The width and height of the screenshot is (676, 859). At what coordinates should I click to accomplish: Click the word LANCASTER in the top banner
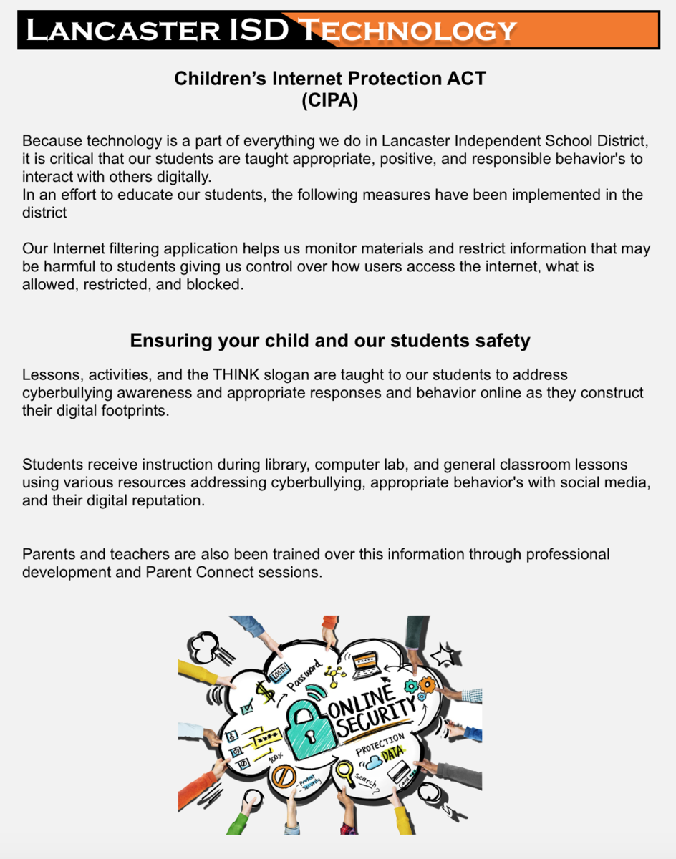click(x=122, y=30)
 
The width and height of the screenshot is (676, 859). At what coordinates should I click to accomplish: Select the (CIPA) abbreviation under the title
click(x=329, y=101)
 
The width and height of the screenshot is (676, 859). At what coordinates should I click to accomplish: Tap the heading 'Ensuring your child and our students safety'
click(x=329, y=341)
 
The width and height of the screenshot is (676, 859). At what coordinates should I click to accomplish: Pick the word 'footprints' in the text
click(x=134, y=411)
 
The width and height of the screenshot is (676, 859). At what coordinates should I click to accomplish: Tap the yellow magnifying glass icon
click(x=346, y=771)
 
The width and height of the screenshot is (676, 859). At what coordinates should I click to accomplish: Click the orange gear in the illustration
click(x=428, y=684)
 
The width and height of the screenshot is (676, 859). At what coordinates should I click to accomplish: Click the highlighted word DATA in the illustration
click(x=392, y=754)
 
